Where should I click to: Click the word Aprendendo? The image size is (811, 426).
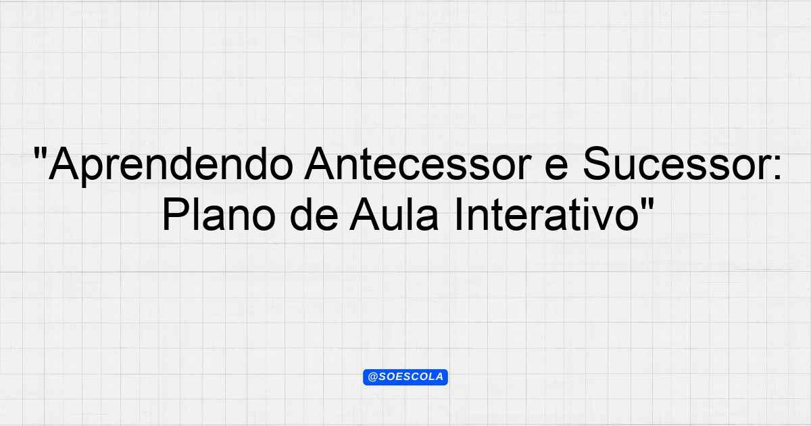click(x=170, y=165)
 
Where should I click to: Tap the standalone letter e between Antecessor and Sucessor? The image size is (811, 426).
click(x=556, y=168)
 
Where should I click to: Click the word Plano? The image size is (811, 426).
click(x=219, y=214)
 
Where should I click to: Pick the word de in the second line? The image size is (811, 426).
click(x=314, y=214)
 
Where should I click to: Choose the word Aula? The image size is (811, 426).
click(x=394, y=214)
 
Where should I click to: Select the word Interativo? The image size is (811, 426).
click(x=547, y=214)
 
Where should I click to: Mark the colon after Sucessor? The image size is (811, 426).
click(x=778, y=168)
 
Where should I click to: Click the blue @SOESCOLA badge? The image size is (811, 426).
click(x=405, y=377)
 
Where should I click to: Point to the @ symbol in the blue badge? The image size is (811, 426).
click(x=373, y=377)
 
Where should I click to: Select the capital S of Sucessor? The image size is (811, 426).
click(x=598, y=164)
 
